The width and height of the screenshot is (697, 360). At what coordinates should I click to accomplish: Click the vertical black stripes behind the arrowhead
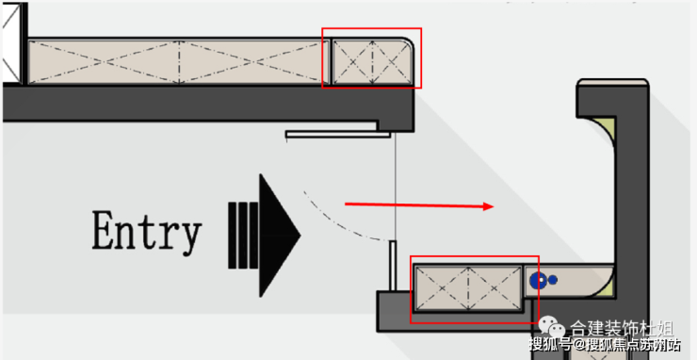243,236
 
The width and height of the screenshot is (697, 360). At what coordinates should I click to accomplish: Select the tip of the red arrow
494,206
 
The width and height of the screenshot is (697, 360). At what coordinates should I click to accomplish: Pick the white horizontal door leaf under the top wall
338,134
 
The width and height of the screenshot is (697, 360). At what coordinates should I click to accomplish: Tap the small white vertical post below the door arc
393,266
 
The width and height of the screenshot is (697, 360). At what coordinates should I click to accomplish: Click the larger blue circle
538,280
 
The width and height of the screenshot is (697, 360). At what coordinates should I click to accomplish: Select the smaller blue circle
553,280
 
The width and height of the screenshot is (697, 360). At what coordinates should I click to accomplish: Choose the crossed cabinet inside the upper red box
372,61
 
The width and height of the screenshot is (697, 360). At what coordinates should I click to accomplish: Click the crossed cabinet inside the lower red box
468,288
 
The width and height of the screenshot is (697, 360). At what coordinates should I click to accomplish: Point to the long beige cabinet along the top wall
179,62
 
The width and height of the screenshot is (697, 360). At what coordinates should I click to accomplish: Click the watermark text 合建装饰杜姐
622,329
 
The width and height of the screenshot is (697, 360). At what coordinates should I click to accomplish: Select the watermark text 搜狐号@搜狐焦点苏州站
605,344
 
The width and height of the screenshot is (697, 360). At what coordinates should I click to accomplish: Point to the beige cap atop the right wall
612,82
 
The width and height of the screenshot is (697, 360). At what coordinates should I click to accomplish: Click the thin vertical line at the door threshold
395,187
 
